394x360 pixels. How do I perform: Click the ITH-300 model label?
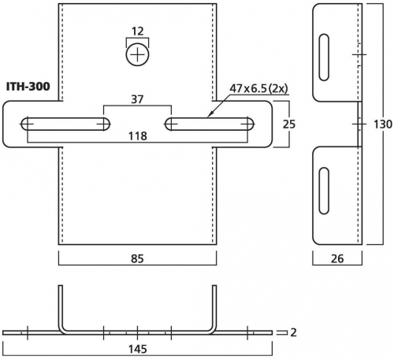[x=28, y=87]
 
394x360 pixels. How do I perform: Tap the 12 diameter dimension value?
[x=138, y=32]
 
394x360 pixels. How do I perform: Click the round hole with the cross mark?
[x=137, y=55]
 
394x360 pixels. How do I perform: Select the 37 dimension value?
[x=137, y=99]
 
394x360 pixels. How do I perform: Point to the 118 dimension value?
[x=138, y=136]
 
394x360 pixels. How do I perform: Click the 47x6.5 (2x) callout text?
[x=258, y=88]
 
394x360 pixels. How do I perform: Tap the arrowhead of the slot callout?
[x=210, y=114]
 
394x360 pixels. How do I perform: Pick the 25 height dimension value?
[x=289, y=124]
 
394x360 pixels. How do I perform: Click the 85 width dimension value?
[x=137, y=258]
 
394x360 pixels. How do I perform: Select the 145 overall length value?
[x=138, y=349]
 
